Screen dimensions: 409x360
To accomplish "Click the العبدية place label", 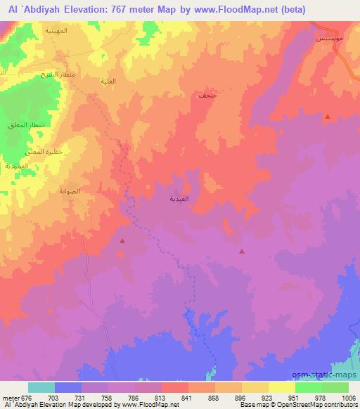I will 178,200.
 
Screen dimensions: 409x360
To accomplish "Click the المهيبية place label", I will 56,32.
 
